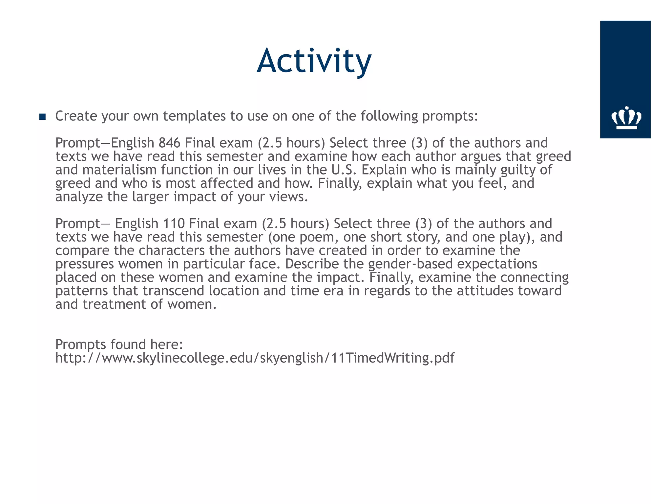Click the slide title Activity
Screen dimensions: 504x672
[x=314, y=61]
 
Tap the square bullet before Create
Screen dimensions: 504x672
[x=42, y=116]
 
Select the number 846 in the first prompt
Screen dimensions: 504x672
[x=169, y=143]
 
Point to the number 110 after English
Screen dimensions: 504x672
[x=174, y=224]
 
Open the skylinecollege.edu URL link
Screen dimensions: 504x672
[x=255, y=358]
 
